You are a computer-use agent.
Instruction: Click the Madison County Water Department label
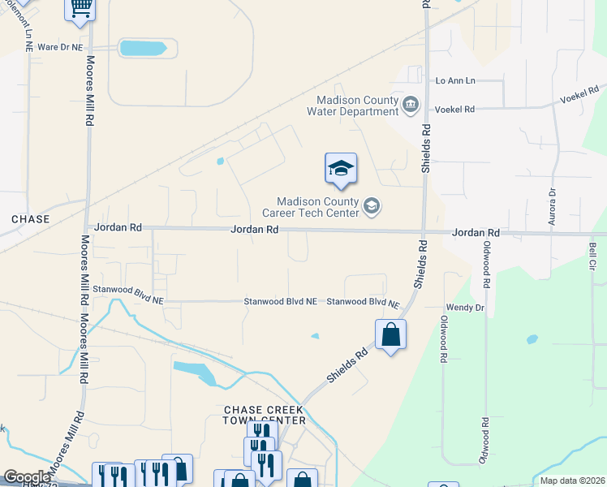coord(357,106)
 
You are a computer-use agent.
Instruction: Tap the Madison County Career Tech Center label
coord(318,207)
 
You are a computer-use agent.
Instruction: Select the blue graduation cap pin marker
coord(341,168)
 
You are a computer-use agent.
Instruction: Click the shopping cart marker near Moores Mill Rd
coord(80,7)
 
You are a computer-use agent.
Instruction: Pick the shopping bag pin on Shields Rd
coord(390,334)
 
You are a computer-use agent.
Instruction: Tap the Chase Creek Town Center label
coord(265,415)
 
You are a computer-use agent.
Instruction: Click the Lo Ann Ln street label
coord(455,80)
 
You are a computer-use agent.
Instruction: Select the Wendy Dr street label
coord(465,308)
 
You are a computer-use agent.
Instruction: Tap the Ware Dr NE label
coord(60,47)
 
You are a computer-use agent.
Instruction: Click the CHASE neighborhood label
coord(31,219)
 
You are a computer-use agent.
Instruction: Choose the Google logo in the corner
coord(27,477)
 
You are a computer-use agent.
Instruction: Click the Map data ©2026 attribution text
coord(571,481)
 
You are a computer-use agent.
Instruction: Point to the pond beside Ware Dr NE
coord(147,48)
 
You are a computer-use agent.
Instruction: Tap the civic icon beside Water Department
coord(411,106)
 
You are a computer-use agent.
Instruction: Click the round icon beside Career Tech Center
coord(372,207)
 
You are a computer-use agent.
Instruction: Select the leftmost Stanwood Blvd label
coord(128,289)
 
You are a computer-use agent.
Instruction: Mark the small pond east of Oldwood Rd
coord(532,339)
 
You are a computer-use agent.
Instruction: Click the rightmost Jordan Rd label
coord(476,232)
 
